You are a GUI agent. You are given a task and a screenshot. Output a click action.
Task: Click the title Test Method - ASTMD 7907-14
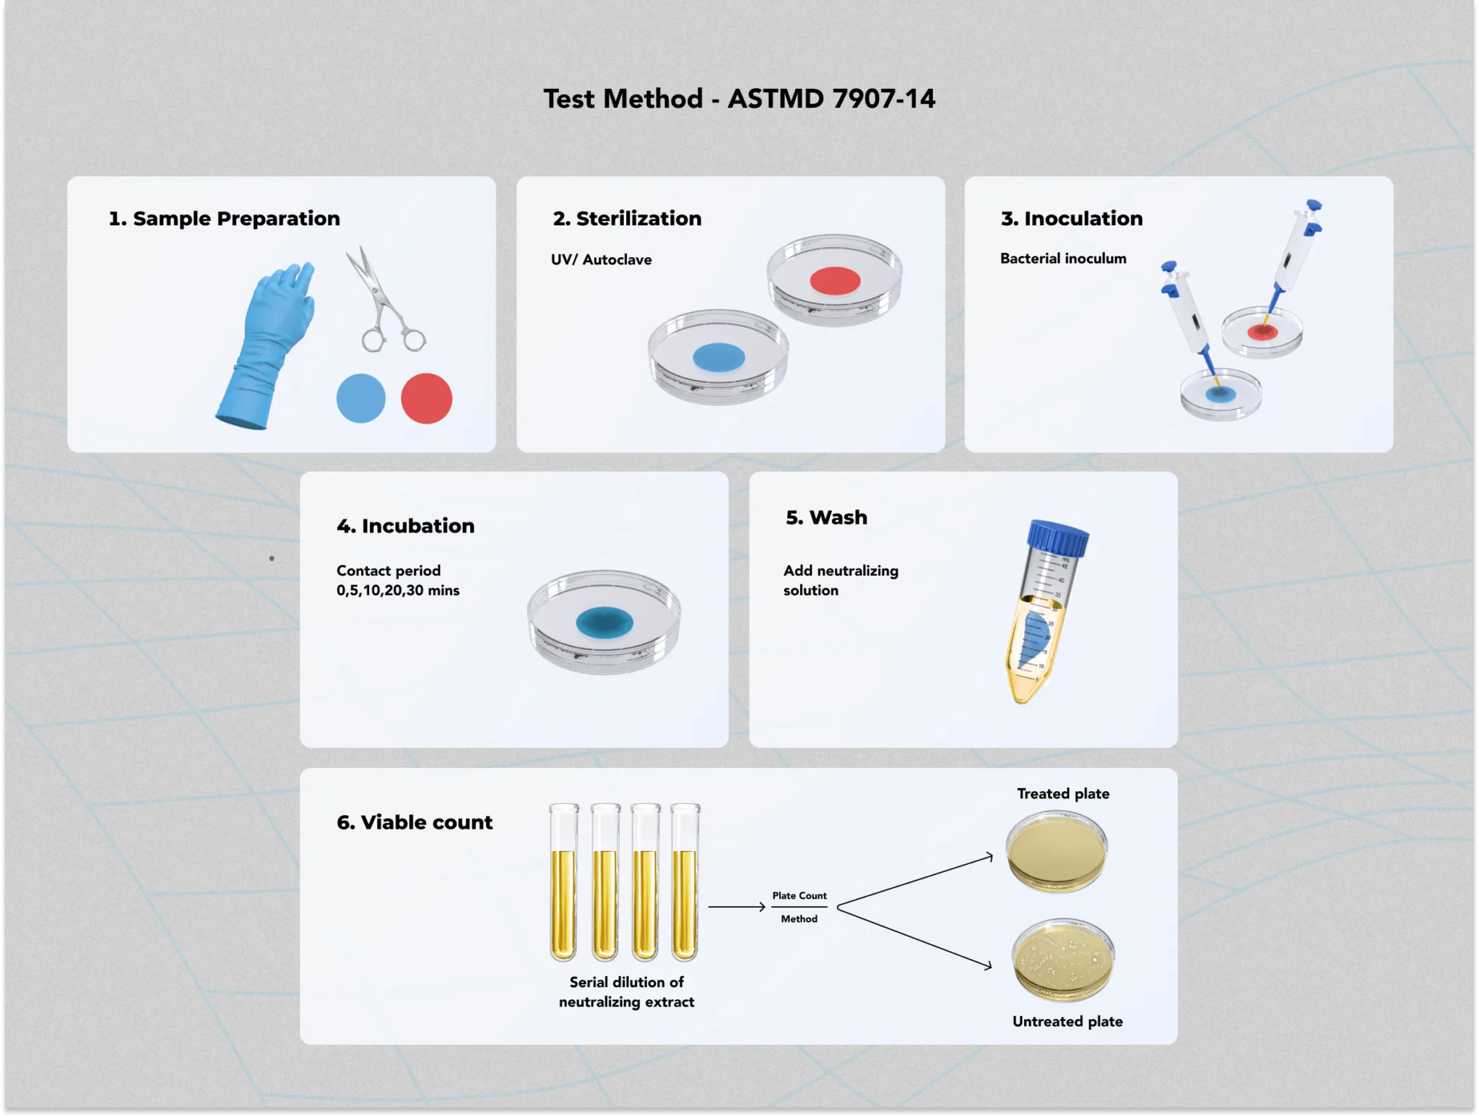739,99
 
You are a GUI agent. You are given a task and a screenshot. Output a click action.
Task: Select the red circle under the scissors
427,398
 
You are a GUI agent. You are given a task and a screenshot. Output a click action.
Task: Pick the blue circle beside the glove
361,398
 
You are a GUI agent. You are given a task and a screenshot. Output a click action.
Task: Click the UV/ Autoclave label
601,259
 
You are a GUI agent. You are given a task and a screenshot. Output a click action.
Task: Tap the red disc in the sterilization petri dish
835,281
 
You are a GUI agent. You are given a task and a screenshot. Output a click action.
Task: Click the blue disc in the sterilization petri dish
719,357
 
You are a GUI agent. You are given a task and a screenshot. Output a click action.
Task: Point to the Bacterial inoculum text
1063,258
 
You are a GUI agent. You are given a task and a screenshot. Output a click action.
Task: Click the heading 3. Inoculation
1072,218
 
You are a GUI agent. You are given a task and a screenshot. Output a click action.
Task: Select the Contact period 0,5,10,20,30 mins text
398,580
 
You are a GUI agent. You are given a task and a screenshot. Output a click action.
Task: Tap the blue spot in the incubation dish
604,623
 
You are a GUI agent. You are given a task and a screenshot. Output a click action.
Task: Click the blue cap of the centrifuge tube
1058,538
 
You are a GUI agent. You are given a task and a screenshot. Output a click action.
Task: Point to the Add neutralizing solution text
841,580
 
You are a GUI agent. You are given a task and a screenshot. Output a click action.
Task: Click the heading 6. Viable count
415,822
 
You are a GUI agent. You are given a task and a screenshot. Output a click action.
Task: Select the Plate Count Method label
799,907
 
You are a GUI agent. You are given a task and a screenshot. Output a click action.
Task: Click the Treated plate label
1063,793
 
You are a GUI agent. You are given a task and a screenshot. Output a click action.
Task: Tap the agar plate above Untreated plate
1063,959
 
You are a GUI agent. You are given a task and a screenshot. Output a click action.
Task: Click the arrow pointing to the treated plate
915,880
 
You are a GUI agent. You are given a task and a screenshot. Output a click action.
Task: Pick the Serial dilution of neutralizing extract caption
626,992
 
